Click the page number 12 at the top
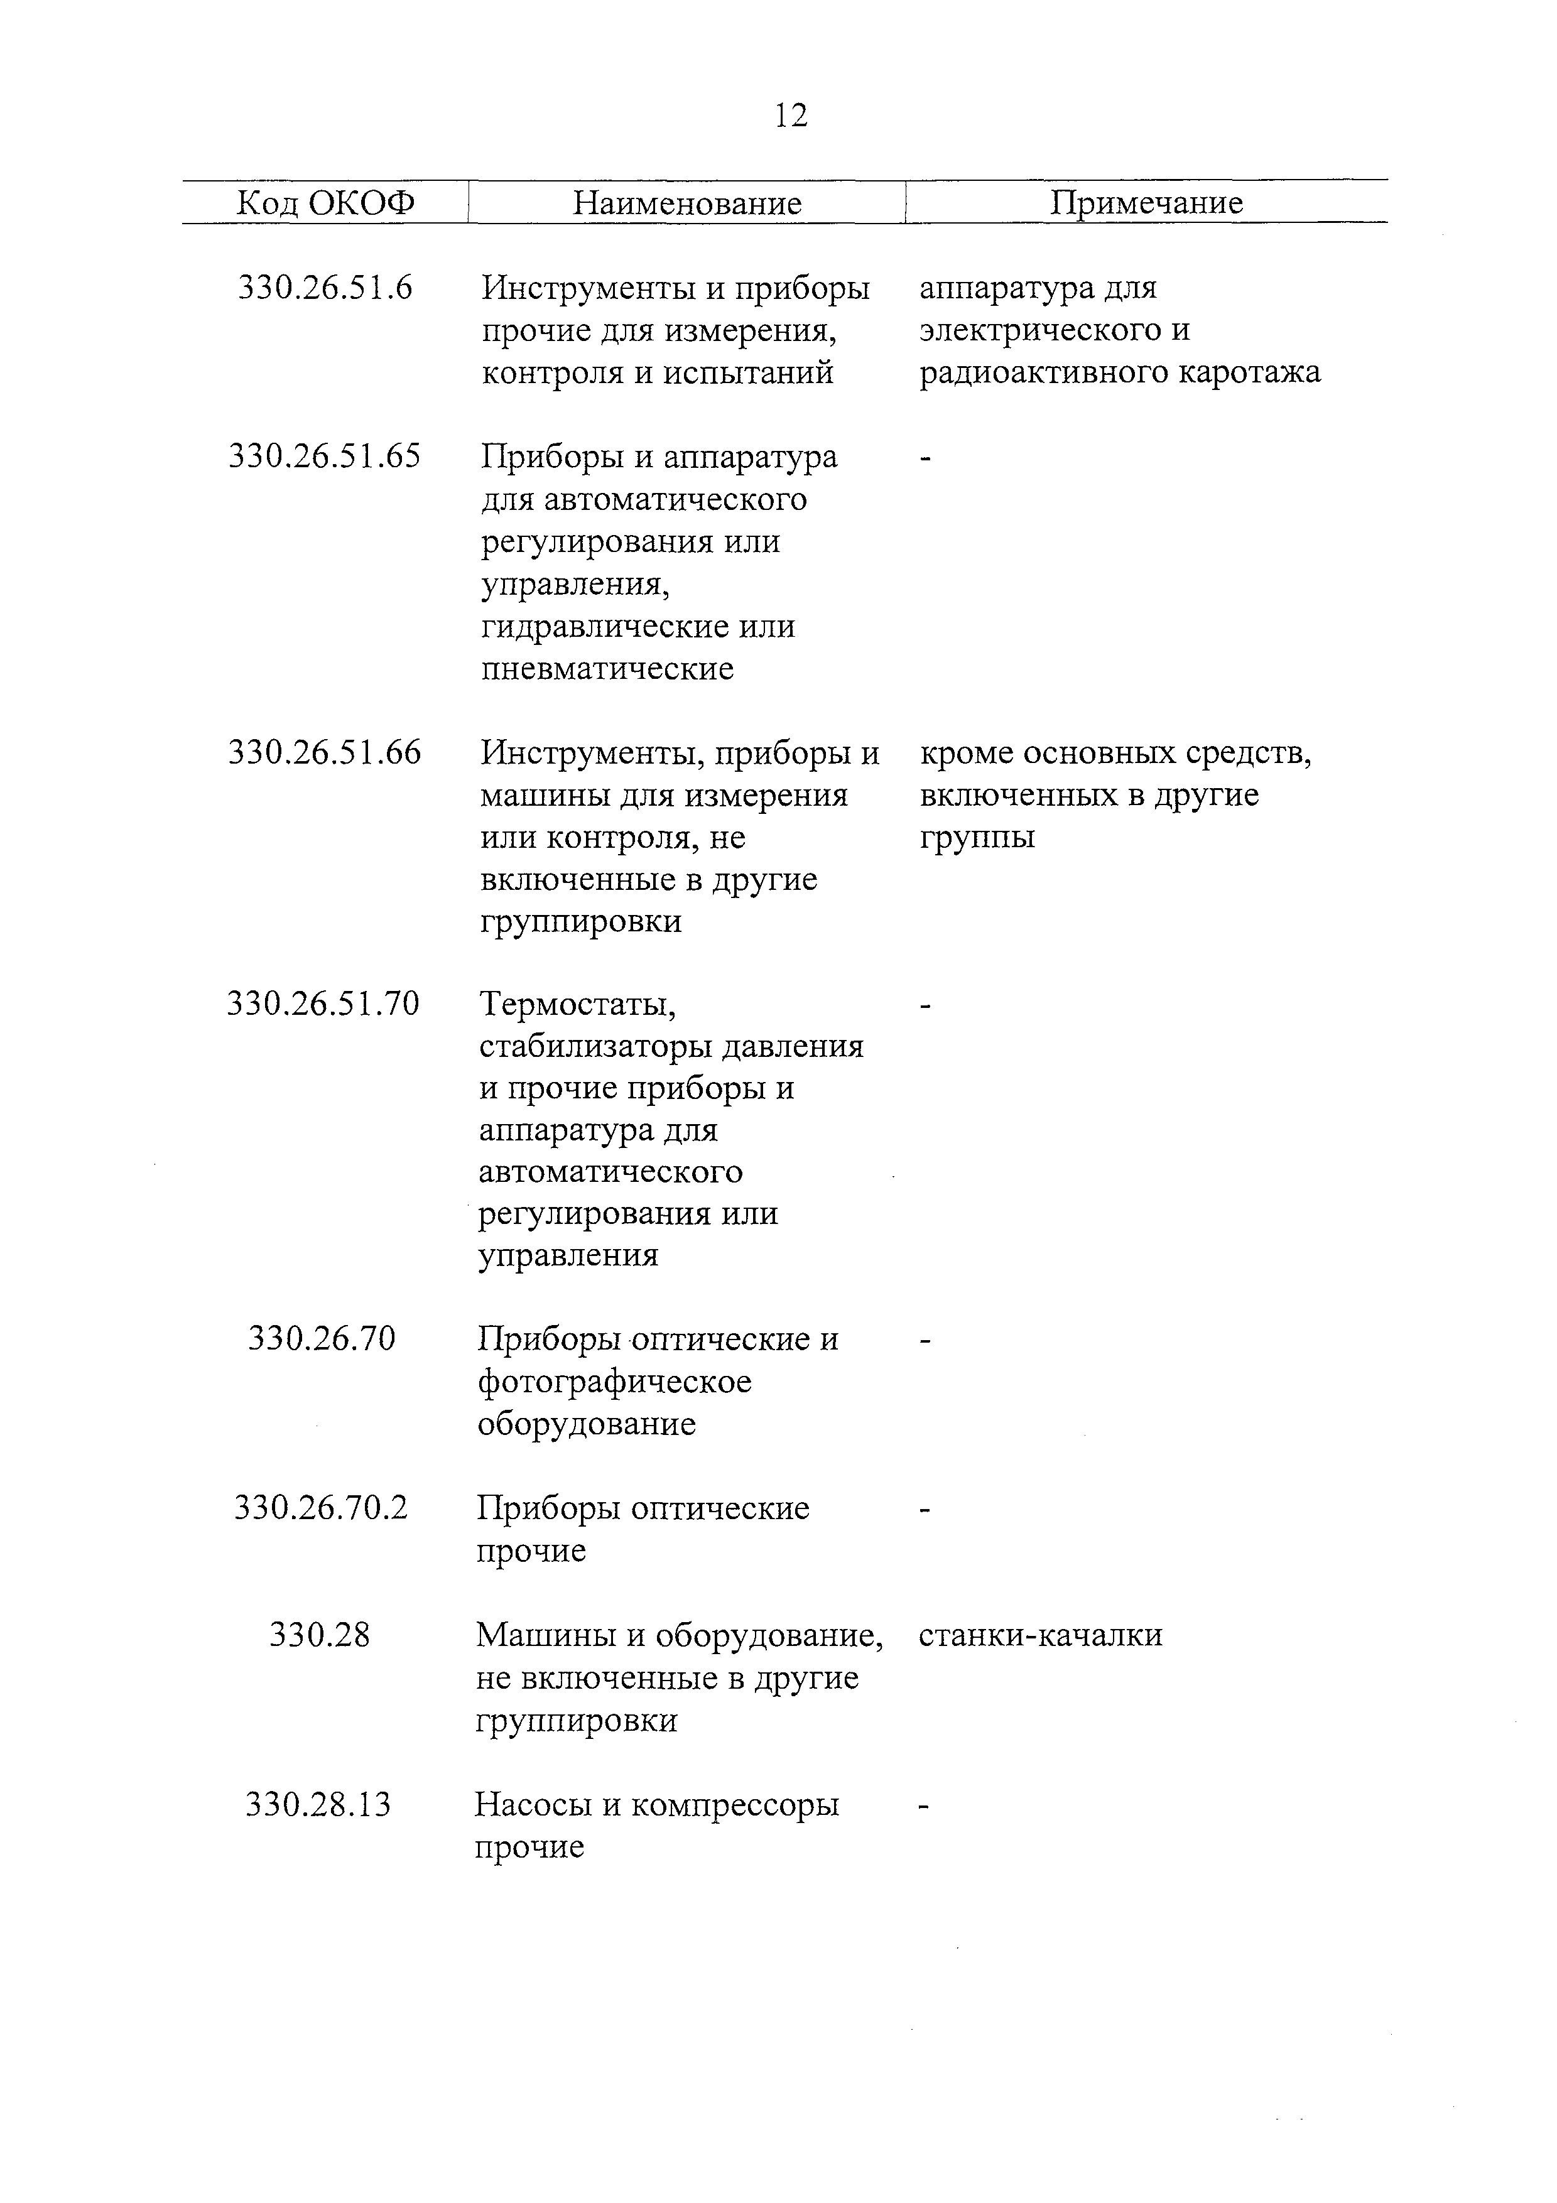pyautogui.click(x=791, y=116)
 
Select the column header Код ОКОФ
pyautogui.click(x=325, y=203)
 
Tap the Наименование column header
pyautogui.click(x=687, y=203)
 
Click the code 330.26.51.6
pyautogui.click(x=325, y=287)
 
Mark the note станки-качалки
pyautogui.click(x=1040, y=1635)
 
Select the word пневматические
pyautogui.click(x=607, y=669)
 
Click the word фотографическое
pyautogui.click(x=614, y=1382)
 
